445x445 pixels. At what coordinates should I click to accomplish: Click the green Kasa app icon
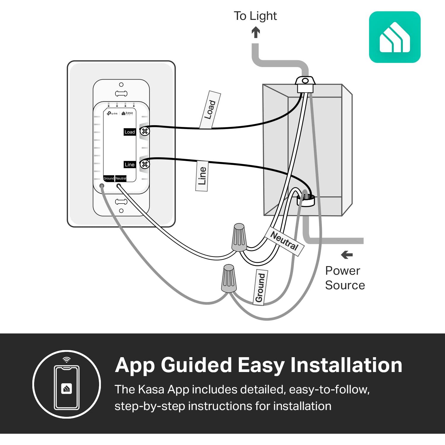[395, 37]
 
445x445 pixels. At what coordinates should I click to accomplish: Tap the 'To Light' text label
[255, 16]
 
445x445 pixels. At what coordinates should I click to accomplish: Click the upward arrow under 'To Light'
[256, 32]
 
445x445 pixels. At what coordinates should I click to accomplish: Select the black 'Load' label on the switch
[130, 132]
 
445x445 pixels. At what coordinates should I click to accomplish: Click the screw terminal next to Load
[145, 131]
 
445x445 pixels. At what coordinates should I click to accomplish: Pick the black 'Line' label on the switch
[130, 165]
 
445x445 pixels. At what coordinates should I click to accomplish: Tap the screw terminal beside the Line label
[145, 164]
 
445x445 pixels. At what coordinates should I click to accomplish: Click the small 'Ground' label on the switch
[109, 178]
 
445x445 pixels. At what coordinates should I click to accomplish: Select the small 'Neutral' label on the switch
[121, 178]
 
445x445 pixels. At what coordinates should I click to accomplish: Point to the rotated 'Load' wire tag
[210, 110]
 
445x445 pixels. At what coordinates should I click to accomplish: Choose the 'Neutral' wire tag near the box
[284, 241]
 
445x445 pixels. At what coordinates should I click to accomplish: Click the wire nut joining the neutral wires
[239, 237]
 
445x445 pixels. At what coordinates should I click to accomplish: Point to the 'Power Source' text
[345, 278]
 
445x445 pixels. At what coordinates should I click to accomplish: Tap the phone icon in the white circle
[67, 387]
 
